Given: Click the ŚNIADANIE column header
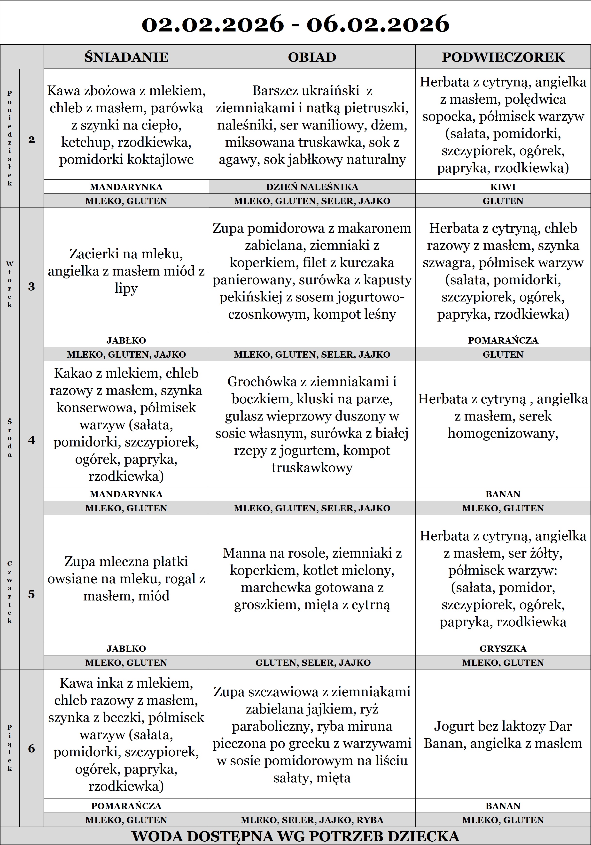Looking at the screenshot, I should [x=126, y=57].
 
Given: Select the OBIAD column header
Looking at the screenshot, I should [x=312, y=57].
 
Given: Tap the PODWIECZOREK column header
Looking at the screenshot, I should [x=503, y=57].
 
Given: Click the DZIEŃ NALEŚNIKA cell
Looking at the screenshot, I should [x=312, y=187].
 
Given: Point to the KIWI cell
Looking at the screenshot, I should [x=503, y=187].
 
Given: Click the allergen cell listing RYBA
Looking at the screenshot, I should [x=312, y=820].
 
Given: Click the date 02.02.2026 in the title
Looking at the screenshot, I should [x=213, y=24].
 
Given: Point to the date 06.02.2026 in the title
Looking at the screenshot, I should [x=378, y=24].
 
